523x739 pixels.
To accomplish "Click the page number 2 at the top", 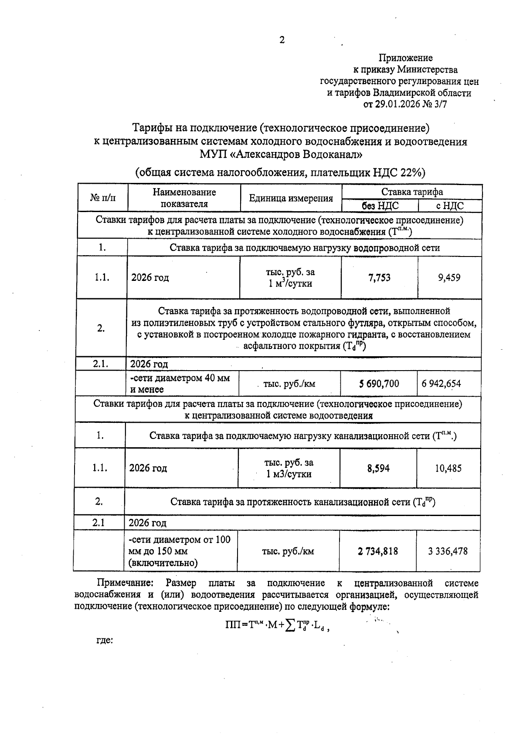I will click(282, 40).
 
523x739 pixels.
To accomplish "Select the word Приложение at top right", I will click(405, 58).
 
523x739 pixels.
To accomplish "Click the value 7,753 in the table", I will click(379, 277).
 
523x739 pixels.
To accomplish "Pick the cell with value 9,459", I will click(449, 277).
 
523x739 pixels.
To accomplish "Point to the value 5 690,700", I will click(379, 384).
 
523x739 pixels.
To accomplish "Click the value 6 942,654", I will click(441, 384).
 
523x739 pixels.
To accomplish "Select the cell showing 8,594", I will click(378, 468).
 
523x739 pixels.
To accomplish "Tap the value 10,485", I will click(448, 468).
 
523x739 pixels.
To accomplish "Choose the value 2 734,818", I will click(378, 551).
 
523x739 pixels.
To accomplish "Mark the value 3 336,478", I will click(448, 551).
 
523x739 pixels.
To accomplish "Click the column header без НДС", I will click(380, 206).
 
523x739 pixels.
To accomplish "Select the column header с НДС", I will click(450, 206).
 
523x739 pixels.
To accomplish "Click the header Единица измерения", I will click(291, 199).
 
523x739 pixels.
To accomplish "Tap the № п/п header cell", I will click(103, 198).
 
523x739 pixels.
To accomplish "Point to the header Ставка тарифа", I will click(412, 192).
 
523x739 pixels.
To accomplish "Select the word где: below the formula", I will click(104, 640).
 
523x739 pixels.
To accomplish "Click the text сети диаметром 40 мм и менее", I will click(180, 383).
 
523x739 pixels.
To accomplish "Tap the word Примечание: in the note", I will click(125, 583).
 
